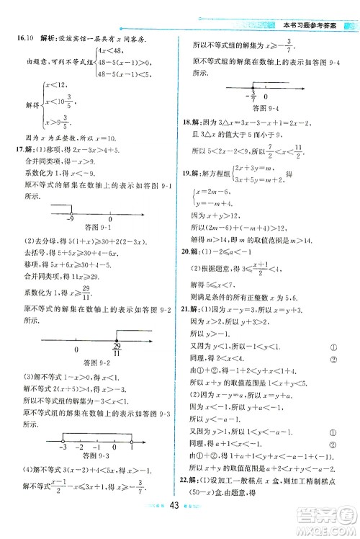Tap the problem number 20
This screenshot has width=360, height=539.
coord(189,272)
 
